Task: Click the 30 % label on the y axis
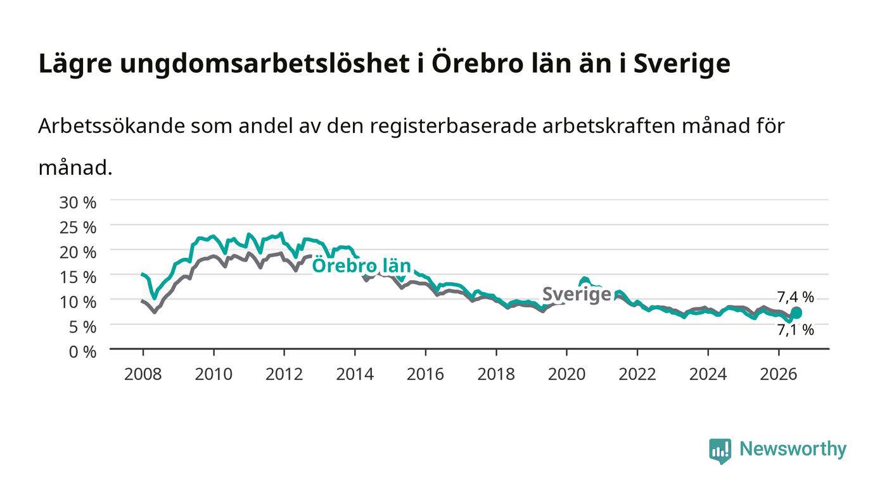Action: click(x=77, y=202)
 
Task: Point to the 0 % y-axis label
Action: click(x=83, y=352)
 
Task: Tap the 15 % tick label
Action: click(x=77, y=277)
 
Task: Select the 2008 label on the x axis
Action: click(x=143, y=374)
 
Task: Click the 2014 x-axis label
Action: click(x=355, y=374)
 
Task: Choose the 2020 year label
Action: click(x=566, y=374)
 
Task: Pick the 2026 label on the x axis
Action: click(x=779, y=374)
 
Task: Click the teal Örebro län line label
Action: click(x=362, y=266)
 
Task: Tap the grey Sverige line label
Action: click(x=577, y=295)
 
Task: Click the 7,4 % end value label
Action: click(x=795, y=296)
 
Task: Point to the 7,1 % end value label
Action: click(x=795, y=329)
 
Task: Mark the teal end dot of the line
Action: click(x=796, y=312)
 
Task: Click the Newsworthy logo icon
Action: click(x=720, y=451)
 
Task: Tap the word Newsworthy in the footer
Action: click(x=793, y=449)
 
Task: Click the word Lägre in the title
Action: click(x=75, y=64)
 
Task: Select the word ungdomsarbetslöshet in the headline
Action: click(x=265, y=64)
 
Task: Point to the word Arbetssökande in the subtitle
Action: click(x=112, y=126)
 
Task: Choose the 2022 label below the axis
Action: click(x=637, y=374)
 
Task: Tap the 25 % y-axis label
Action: click(x=77, y=227)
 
